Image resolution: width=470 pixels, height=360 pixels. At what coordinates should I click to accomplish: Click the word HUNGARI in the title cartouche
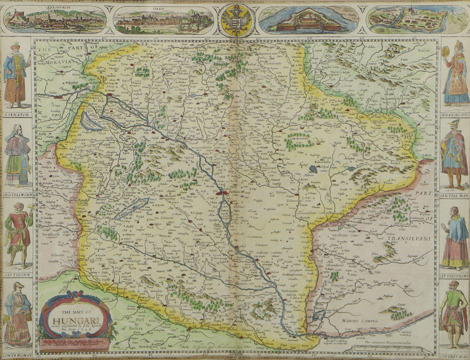[x=75, y=317]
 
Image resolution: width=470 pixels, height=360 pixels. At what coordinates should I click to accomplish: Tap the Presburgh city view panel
[x=55, y=19]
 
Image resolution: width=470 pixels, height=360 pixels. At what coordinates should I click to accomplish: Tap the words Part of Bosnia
[x=133, y=325]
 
